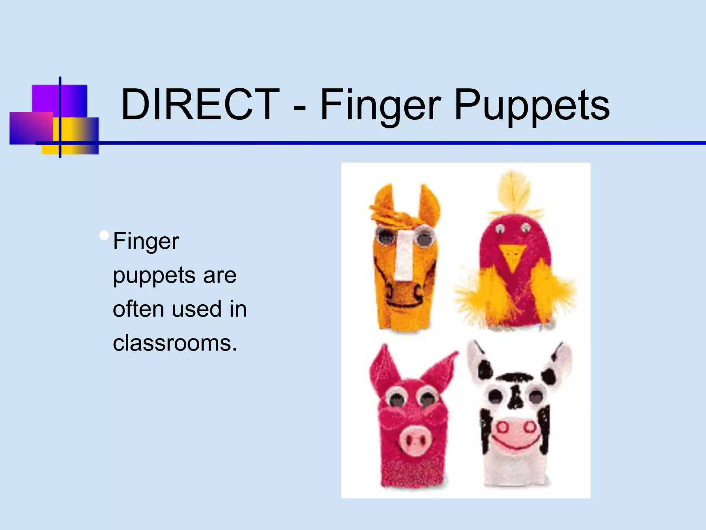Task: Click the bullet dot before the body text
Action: (x=103, y=236)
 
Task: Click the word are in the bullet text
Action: (x=220, y=275)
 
